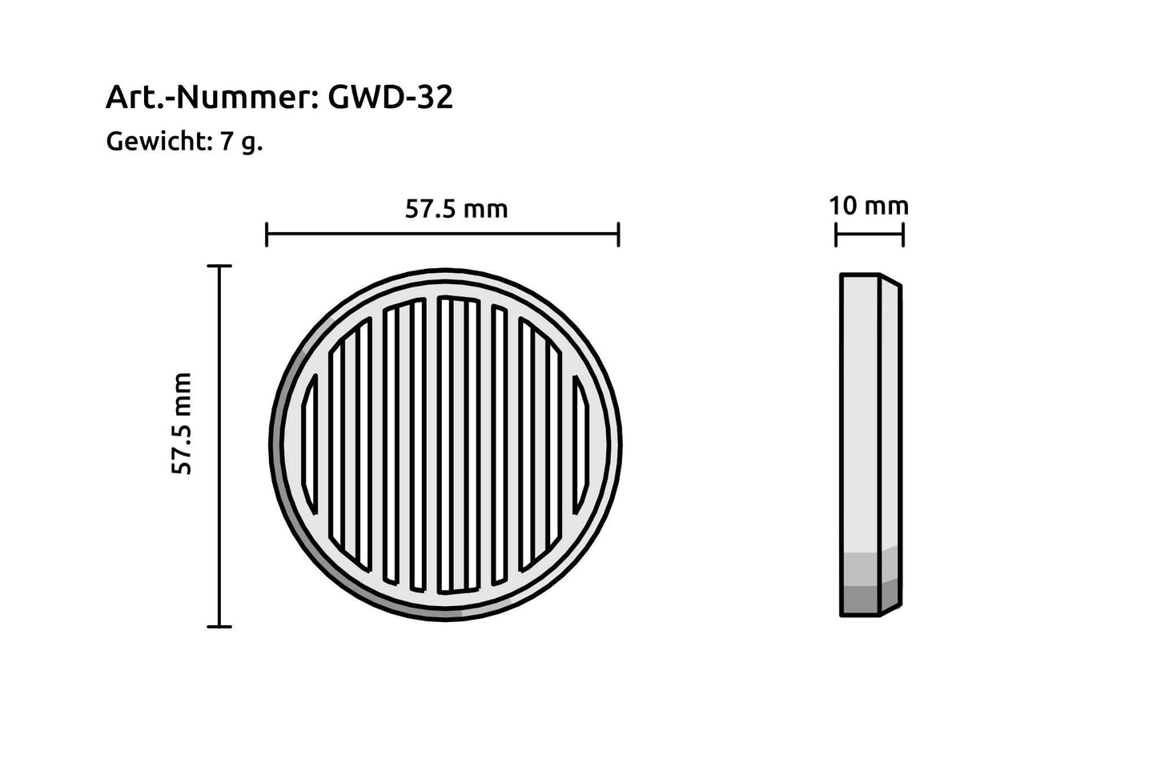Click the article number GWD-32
click(391, 98)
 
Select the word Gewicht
click(157, 142)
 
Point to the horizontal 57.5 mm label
click(456, 209)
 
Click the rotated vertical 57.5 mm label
click(183, 424)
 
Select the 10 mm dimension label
click(869, 206)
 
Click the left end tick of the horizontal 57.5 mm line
click(267, 235)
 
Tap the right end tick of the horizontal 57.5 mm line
click(618, 235)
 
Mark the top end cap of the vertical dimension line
click(219, 266)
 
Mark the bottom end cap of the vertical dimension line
click(219, 626)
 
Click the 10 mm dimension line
click(870, 235)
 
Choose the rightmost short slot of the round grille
click(581, 445)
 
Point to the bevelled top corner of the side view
click(890, 280)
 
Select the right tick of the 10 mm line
click(903, 235)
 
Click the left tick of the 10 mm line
click(836, 235)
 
